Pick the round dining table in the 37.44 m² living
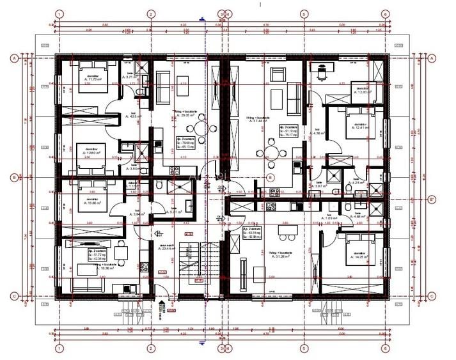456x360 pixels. (269, 153)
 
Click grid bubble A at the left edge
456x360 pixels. (13, 58)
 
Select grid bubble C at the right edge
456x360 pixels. (432, 295)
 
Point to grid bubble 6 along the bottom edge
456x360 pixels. (386, 349)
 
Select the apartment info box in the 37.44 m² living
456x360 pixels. (288, 130)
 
